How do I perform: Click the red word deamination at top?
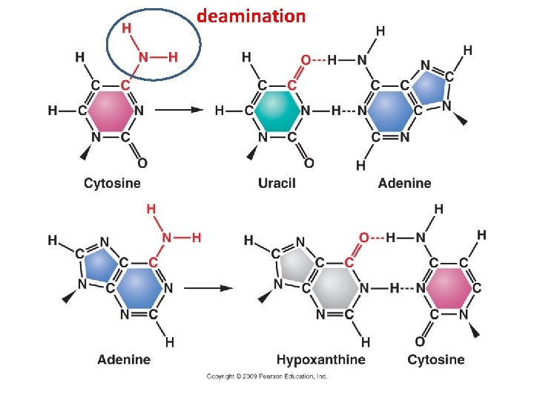click(251, 16)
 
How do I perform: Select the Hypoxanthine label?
click(320, 360)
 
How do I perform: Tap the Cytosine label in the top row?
click(112, 183)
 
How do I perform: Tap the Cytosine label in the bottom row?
click(436, 360)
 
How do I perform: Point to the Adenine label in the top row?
click(404, 183)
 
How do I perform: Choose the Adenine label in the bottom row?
click(124, 360)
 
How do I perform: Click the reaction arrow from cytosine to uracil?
click(179, 111)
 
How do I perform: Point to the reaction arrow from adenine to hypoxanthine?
click(208, 288)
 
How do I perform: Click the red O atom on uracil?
click(306, 59)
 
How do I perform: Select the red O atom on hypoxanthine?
click(363, 238)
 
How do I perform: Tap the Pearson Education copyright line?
click(266, 376)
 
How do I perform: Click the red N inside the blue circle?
click(146, 56)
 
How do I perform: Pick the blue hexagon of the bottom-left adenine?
click(139, 287)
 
